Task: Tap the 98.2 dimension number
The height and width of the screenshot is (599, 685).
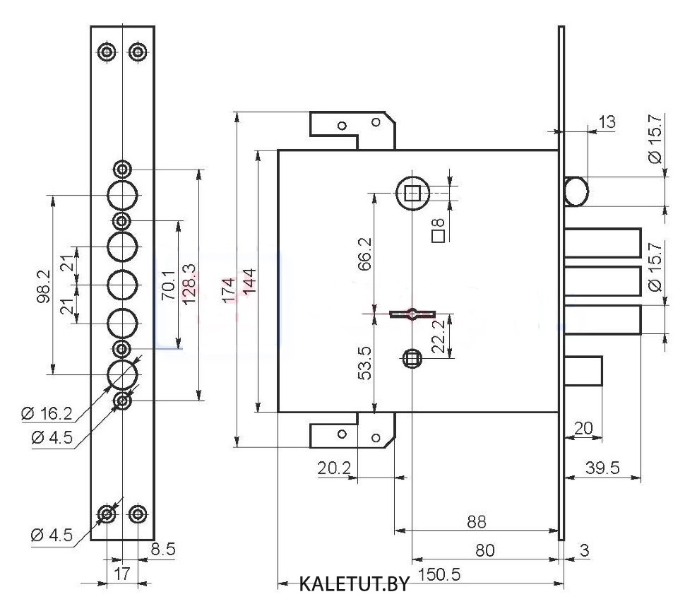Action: click(44, 285)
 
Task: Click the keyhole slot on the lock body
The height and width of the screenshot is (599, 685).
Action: click(410, 313)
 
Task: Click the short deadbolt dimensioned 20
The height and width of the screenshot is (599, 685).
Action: click(583, 372)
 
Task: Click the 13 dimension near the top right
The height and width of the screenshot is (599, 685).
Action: click(606, 121)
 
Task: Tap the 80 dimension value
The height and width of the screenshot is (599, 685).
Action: click(484, 550)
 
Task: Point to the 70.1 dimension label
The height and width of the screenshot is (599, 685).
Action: click(168, 285)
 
